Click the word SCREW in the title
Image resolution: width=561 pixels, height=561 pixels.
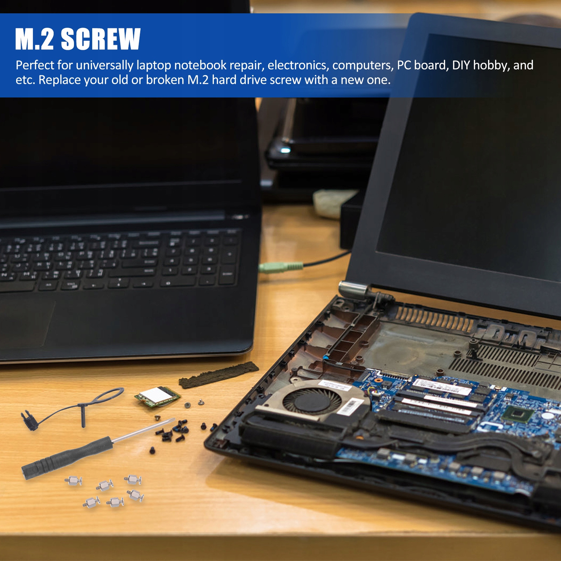point(101,39)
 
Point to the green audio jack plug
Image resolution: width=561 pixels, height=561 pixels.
point(280,267)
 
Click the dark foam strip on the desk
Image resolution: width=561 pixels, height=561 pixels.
point(219,374)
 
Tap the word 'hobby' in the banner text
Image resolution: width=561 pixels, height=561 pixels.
point(491,65)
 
